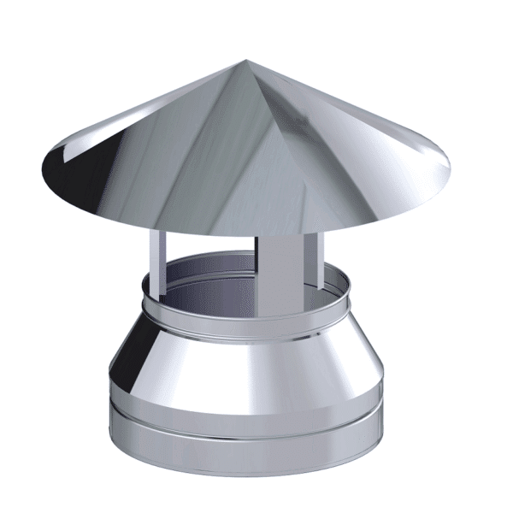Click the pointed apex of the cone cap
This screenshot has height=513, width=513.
pos(245,60)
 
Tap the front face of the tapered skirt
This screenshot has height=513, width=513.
pos(256,359)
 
